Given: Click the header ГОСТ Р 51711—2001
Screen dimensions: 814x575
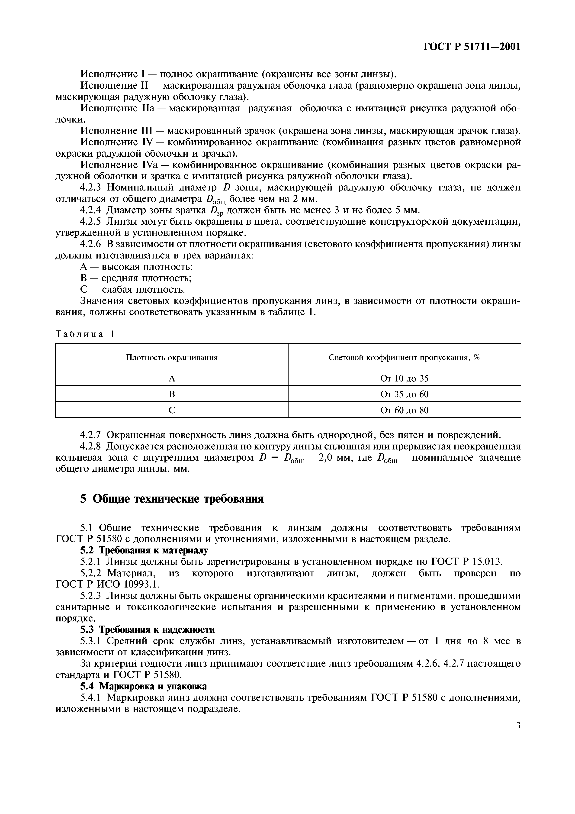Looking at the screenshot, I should coord(472,46).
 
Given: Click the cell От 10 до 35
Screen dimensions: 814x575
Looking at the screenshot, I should coord(404,379).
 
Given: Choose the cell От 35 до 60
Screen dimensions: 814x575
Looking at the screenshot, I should coord(404,394).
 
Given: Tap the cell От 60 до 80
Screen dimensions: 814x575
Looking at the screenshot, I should coord(404,410).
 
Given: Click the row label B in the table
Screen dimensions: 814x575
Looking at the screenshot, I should coord(172,394).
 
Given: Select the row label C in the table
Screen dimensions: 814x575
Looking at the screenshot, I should coord(172,410).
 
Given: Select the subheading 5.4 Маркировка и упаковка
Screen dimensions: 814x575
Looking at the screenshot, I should coord(144,686).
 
